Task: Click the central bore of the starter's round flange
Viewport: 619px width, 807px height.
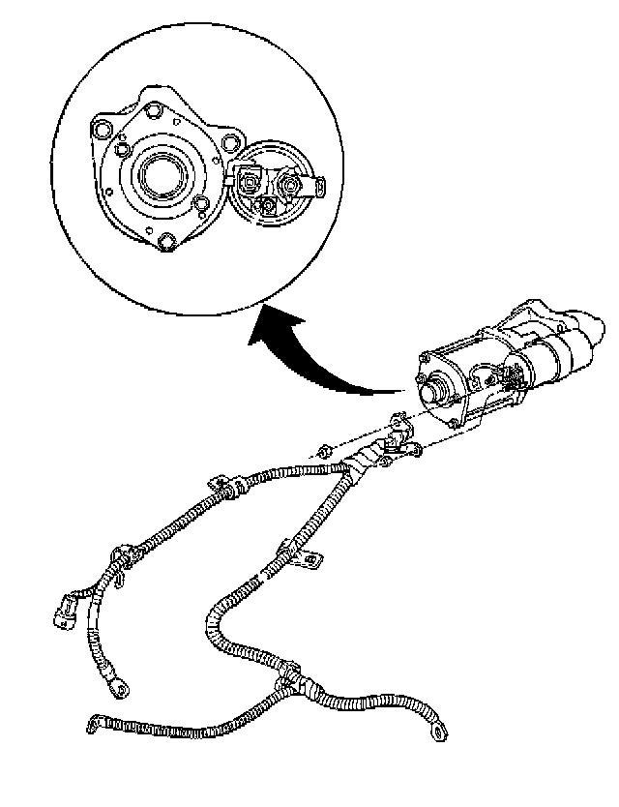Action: click(160, 178)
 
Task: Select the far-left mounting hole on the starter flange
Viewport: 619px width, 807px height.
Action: click(99, 127)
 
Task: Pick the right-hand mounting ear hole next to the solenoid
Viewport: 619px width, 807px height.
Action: click(228, 143)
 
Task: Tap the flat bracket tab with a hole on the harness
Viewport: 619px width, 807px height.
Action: click(311, 558)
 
